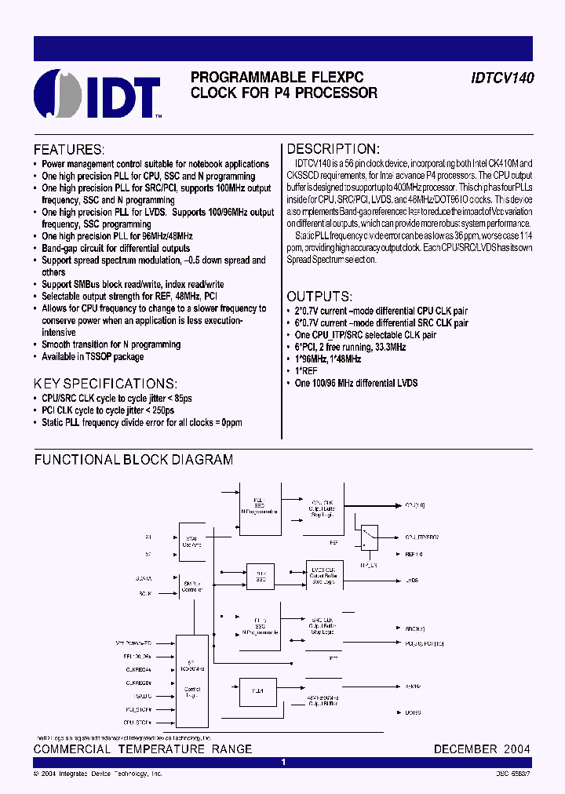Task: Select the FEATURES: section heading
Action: pyautogui.click(x=68, y=150)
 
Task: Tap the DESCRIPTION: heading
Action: pyautogui.click(x=333, y=149)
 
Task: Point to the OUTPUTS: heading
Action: pyautogui.click(x=319, y=297)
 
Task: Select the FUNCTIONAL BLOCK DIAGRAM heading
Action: pyautogui.click(x=133, y=460)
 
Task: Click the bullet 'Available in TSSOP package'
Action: pyautogui.click(x=92, y=356)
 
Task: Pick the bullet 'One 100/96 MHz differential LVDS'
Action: pyautogui.click(x=355, y=383)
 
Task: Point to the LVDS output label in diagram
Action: pyautogui.click(x=412, y=581)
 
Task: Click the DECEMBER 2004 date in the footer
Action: pyautogui.click(x=482, y=749)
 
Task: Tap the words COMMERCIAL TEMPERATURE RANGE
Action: pyautogui.click(x=143, y=749)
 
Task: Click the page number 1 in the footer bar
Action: pyautogui.click(x=283, y=762)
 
